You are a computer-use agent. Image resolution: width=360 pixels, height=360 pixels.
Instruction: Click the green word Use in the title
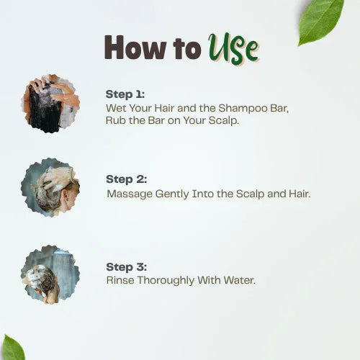tap(233, 48)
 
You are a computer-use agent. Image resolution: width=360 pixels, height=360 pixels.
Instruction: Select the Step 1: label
tap(125, 94)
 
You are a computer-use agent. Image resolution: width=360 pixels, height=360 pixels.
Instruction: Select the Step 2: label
tap(125, 179)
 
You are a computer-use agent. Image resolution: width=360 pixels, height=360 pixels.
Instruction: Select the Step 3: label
tap(125, 266)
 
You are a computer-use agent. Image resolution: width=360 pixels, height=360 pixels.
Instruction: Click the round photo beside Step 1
tap(50, 103)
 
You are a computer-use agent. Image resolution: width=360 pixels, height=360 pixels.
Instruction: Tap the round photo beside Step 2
tap(50, 188)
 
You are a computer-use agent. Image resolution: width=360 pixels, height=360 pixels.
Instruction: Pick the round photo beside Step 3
tap(50, 274)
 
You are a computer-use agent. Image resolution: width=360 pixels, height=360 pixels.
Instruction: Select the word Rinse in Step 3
tap(120, 279)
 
